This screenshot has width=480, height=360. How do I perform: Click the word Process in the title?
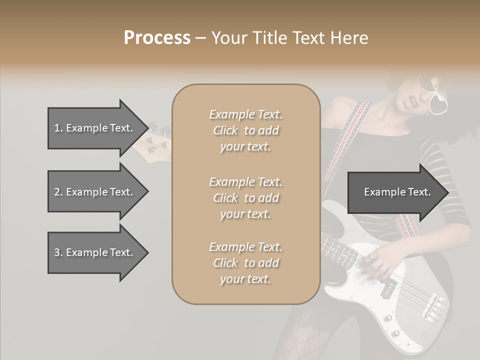point(157,38)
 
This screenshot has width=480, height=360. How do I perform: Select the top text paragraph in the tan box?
point(245,130)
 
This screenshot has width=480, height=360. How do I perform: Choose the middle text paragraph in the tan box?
point(245,197)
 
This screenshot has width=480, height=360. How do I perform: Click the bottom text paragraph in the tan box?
point(245,263)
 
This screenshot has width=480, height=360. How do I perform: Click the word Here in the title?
point(350,38)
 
